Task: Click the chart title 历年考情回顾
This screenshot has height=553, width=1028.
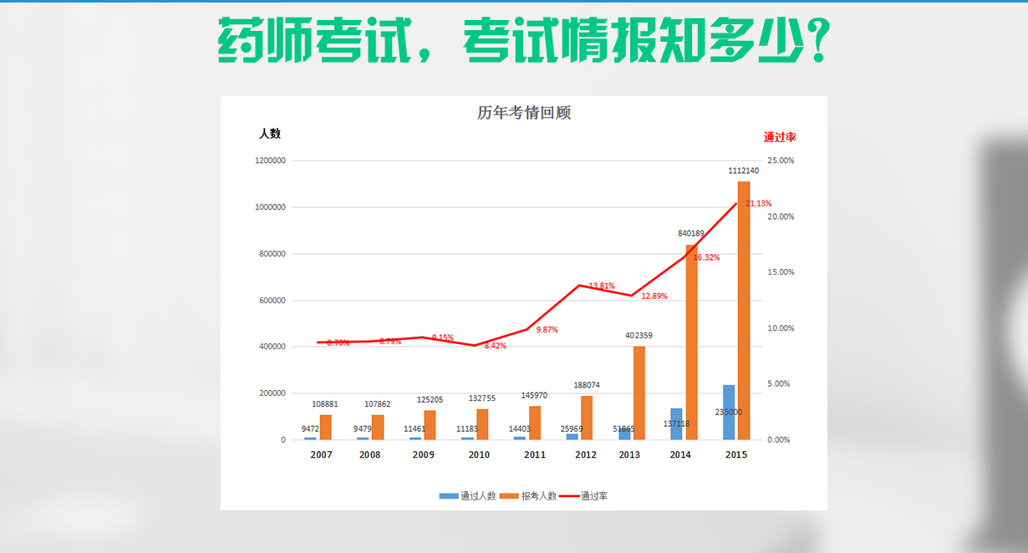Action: (524, 113)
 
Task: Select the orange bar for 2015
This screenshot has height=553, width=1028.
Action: (744, 309)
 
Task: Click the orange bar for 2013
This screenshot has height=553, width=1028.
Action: (639, 393)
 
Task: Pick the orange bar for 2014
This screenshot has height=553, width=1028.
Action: (692, 342)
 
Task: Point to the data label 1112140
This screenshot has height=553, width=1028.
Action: (743, 170)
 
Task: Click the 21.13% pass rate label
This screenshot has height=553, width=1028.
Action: (759, 203)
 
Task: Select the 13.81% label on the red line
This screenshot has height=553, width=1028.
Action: (602, 286)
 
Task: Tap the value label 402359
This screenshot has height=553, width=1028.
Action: (639, 336)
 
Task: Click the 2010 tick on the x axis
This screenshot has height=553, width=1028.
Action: (479, 455)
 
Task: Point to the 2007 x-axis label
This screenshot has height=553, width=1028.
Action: (321, 455)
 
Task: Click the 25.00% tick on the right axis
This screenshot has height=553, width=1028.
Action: (781, 160)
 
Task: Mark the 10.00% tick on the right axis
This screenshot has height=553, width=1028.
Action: (781, 328)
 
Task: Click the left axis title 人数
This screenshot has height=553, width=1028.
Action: (269, 134)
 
